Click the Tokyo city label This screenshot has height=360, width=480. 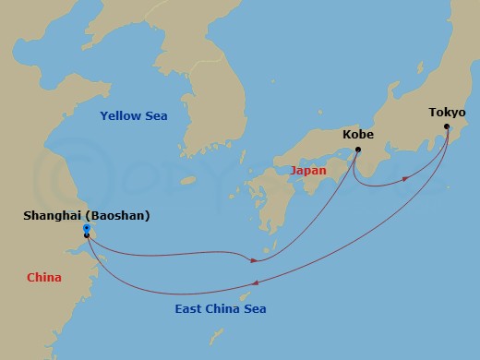[x=447, y=113]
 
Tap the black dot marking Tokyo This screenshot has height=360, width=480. [x=447, y=126]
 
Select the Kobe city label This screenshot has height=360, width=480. [x=357, y=134]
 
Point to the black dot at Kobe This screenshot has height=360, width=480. [x=358, y=149]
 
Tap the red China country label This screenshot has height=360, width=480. [x=44, y=276]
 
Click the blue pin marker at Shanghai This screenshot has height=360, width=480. [x=86, y=228]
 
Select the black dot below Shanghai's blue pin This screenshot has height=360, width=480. [x=86, y=235]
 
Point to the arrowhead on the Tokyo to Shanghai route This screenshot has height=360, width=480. [x=255, y=282]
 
